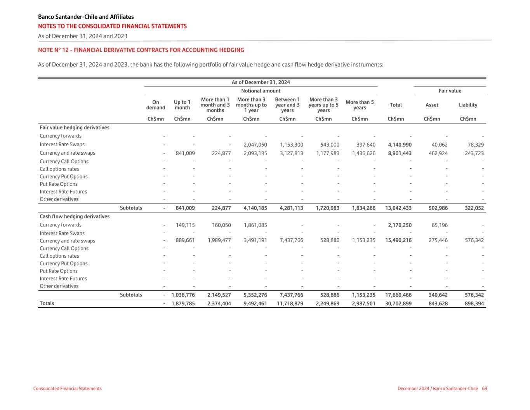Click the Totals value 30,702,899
click(x=398, y=304)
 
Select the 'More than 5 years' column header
click(x=360, y=105)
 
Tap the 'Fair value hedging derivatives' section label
click(x=75, y=127)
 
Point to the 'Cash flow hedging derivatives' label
click(x=75, y=216)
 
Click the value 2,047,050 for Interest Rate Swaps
click(x=255, y=145)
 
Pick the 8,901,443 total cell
click(x=400, y=153)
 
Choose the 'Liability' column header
click(x=468, y=105)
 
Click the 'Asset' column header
click(x=432, y=105)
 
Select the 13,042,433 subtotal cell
click(x=398, y=208)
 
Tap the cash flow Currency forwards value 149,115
click(x=185, y=225)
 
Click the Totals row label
click(x=47, y=304)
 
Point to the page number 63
click(x=484, y=389)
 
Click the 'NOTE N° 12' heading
click(x=141, y=50)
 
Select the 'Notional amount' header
click(x=261, y=91)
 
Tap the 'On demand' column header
click(x=156, y=105)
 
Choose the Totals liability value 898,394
click(x=474, y=304)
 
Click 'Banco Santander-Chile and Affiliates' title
click(x=86, y=17)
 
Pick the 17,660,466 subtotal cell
click(x=398, y=295)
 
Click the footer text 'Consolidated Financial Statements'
click(x=68, y=389)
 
